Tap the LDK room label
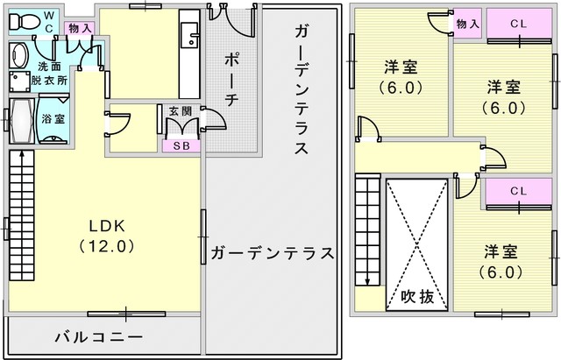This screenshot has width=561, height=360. pyautogui.click(x=107, y=226)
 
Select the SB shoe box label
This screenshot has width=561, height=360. pyautogui.click(x=181, y=146)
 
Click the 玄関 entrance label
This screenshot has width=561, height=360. pyautogui.click(x=181, y=111)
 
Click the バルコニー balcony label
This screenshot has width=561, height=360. pyautogui.click(x=99, y=337)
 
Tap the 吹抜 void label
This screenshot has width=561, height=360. pyautogui.click(x=417, y=296)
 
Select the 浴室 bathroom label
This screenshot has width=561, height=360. pyautogui.click(x=53, y=119)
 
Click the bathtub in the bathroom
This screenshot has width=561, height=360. pyautogui.click(x=22, y=121)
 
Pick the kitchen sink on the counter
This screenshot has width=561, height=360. pyautogui.click(x=189, y=35)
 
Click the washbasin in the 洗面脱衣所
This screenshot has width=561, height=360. pyautogui.click(x=18, y=55)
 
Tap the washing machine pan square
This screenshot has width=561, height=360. pyautogui.click(x=19, y=81)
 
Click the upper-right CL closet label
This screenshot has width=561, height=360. pyautogui.click(x=519, y=24)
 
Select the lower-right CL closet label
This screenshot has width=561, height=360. pyautogui.click(x=519, y=191)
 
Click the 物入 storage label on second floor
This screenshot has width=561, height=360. pyautogui.click(x=467, y=24)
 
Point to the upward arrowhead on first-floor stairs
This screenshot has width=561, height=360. pyautogui.click(x=22, y=154)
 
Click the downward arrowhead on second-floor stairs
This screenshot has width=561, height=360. pyautogui.click(x=367, y=282)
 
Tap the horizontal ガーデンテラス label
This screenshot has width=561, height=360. pyautogui.click(x=272, y=253)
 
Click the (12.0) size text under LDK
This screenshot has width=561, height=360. pyautogui.click(x=107, y=246)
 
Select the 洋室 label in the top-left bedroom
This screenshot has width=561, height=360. pyautogui.click(x=401, y=67)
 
